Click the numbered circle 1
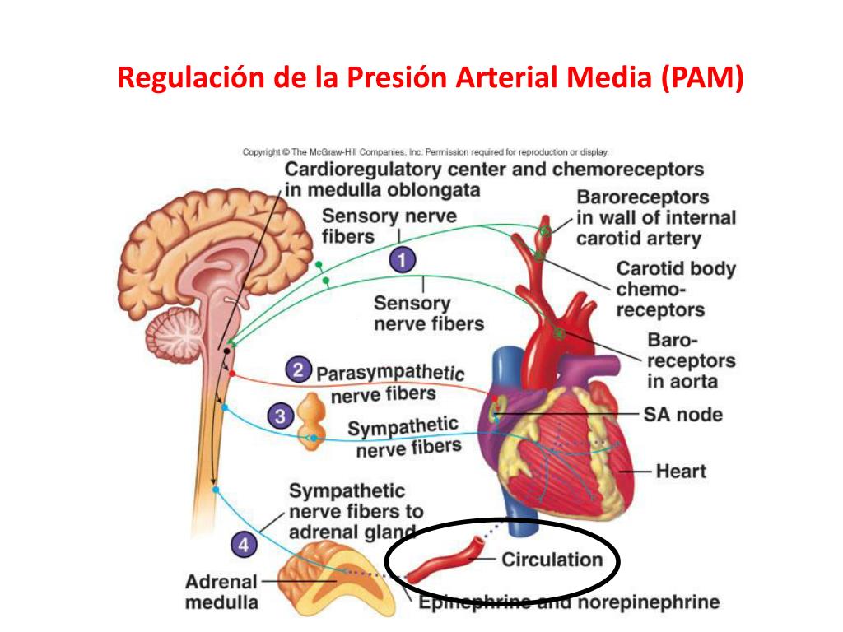pos(401,262)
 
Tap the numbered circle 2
pos(298,369)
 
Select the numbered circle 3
pos(281,417)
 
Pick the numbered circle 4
pos(245,544)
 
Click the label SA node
pos(683,414)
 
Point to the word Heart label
pos(681,472)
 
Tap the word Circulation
pos(552,560)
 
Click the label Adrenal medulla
pos(221,592)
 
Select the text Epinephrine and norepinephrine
pos(568,602)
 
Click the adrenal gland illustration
pos(328,576)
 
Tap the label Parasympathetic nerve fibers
pos(388,383)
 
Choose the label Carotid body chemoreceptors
pos(675,289)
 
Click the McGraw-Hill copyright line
pos(425,151)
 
